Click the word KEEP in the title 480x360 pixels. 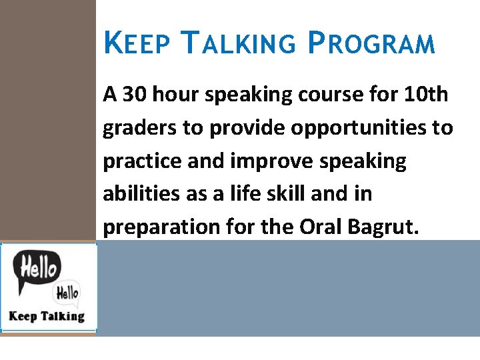click(x=136, y=44)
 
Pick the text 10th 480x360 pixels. click(x=426, y=95)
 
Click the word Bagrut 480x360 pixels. click(x=384, y=227)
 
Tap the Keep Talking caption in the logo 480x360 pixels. click(x=47, y=316)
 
